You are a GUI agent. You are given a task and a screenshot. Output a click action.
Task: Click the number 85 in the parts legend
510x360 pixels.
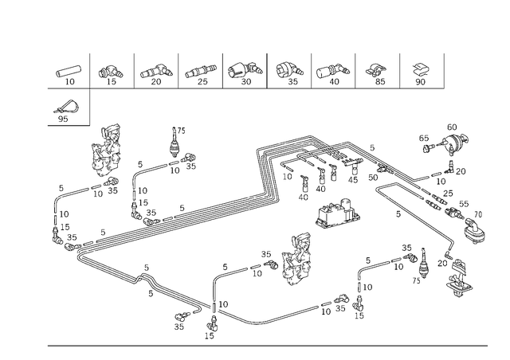[x=380, y=81]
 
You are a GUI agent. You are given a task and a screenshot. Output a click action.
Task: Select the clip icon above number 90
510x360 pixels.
[x=421, y=69]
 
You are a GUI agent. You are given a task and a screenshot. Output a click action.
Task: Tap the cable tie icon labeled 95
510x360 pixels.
[x=67, y=107]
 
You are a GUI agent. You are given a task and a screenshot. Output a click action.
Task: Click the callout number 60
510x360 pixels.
[x=452, y=127]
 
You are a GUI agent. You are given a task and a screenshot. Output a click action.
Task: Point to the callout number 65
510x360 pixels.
[x=423, y=139]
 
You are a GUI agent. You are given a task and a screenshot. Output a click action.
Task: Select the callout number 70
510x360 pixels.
[x=478, y=214]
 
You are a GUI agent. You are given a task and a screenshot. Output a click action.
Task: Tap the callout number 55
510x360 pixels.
[x=464, y=204]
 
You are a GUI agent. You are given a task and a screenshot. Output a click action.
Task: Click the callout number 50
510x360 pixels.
[x=373, y=178]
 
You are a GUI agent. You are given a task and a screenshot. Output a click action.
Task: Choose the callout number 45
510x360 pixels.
[x=353, y=179]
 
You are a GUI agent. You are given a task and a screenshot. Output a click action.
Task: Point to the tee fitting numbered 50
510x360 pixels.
[x=384, y=169]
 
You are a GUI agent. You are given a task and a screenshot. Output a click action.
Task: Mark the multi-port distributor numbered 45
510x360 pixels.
[x=352, y=162]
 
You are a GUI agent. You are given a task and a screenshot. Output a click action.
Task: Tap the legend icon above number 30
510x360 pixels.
[x=245, y=70]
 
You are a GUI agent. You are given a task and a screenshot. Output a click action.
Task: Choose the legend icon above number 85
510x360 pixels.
[x=376, y=70]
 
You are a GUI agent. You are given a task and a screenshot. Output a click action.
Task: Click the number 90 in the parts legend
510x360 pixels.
[x=420, y=81]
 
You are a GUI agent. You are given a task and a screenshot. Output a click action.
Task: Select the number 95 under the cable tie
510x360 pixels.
[x=63, y=119]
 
